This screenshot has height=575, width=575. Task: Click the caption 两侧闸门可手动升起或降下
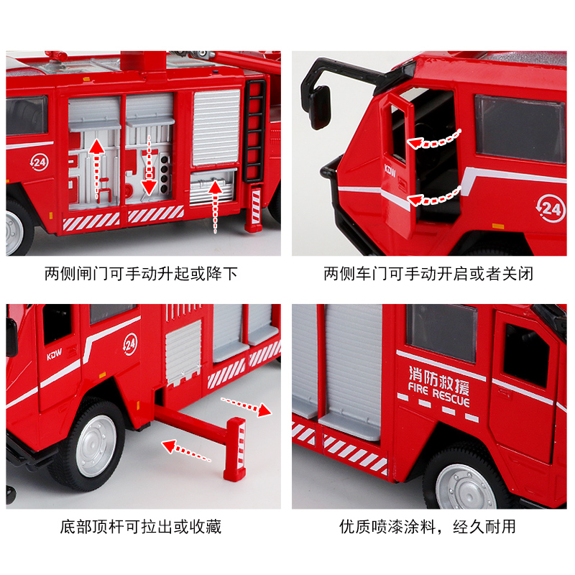tap(141, 274)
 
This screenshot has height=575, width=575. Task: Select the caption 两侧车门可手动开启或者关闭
tap(428, 274)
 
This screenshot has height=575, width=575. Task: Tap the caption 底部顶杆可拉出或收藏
tap(141, 527)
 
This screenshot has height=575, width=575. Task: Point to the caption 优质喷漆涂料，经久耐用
tap(428, 527)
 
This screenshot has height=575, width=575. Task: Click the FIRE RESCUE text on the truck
tap(438, 395)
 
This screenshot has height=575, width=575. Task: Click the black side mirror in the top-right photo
tap(320, 107)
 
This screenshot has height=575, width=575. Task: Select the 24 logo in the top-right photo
tap(551, 208)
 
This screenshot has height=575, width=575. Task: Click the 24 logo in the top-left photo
tap(39, 162)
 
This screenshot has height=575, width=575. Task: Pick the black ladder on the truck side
tap(255, 132)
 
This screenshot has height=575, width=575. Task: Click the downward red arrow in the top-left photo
tap(149, 166)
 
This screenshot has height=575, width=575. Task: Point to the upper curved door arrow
tap(434, 140)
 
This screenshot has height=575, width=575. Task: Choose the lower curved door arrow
tap(434, 197)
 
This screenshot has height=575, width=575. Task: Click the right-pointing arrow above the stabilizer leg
tap(246, 406)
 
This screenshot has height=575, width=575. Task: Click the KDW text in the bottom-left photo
tap(55, 354)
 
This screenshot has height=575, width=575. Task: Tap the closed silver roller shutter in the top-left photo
tap(216, 127)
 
